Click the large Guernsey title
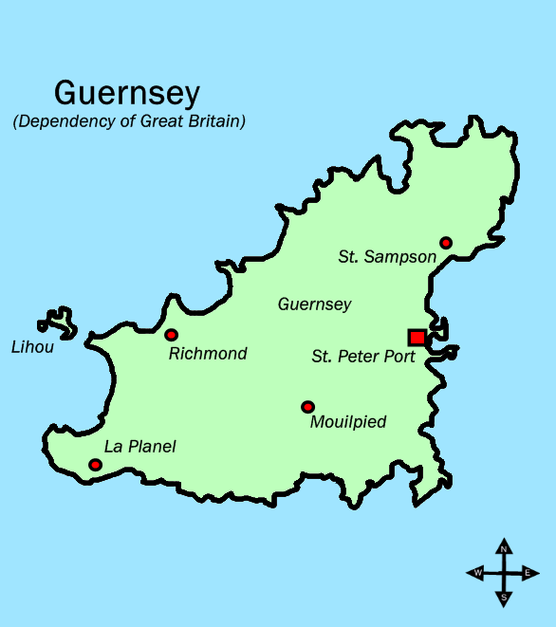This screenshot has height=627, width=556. pos(127,93)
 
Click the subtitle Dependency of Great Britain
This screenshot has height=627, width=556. pos(129,121)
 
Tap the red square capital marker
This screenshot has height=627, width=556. pos(417,337)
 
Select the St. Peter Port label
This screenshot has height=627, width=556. pos(363,358)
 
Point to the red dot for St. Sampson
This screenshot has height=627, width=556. pos(446,243)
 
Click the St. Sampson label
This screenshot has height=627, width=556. pos(387,257)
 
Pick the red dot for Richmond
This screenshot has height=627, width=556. pos(171,335)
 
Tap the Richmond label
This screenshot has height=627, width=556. pos(207,354)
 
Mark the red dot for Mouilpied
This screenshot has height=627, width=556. pos(307,407)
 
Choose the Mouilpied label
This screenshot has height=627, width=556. pos(348,422)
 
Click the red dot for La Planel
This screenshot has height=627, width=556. pos(95,465)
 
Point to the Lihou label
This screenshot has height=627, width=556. pos(32,347)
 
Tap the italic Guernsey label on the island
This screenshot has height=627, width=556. pos(314,304)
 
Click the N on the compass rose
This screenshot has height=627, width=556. pos(504,548)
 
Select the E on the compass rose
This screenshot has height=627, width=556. pos(528,573)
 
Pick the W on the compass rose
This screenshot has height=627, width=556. pos(478,573)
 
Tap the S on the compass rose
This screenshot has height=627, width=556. pos(504,598)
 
